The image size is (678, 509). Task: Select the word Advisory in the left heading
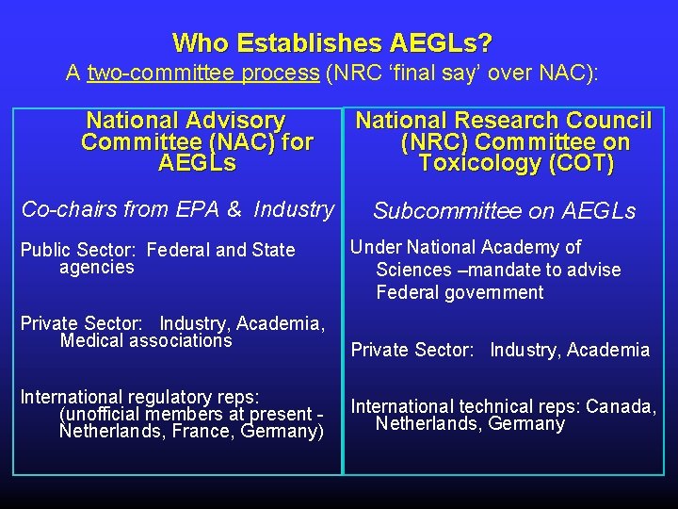coord(235,121)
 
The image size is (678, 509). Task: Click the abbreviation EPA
coord(202,209)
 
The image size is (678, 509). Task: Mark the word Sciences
coord(414,271)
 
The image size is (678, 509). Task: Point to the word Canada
coord(621,407)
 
